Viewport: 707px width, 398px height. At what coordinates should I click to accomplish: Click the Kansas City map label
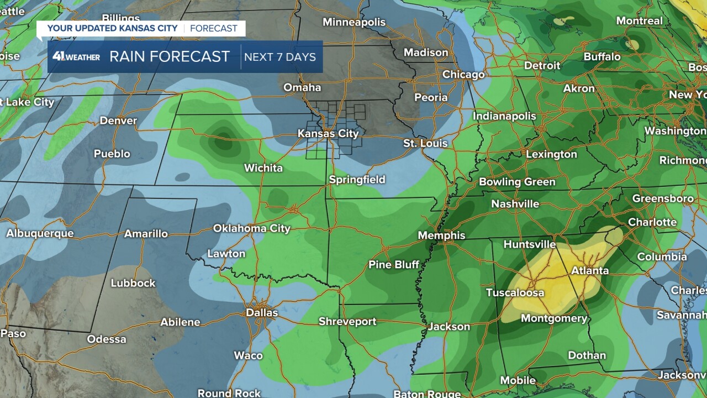pos(328,134)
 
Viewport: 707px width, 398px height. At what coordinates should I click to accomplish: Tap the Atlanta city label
pos(590,271)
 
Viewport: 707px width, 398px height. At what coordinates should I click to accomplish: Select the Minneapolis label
pos(353,22)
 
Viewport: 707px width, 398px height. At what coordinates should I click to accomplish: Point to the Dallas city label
pos(262,313)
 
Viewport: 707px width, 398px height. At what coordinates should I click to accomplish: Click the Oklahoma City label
pos(252,228)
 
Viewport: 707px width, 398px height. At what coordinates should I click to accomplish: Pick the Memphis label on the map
pos(441,235)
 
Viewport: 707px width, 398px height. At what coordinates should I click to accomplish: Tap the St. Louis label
pos(425,144)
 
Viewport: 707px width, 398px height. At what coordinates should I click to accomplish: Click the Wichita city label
pos(263,168)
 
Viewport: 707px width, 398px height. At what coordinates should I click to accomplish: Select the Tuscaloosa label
pos(515,293)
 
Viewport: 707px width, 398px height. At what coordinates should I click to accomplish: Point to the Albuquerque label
pos(40,233)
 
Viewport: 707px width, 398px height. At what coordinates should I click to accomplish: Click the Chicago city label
pos(463,75)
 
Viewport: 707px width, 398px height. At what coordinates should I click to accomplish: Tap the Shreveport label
pos(347,322)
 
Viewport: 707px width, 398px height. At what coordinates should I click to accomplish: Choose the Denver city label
pos(118,121)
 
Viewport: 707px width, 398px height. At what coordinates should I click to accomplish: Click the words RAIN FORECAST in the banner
pos(170,57)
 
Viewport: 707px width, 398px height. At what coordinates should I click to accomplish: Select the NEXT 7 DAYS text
pos(280,57)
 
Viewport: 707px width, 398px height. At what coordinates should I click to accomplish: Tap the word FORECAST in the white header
pos(214,28)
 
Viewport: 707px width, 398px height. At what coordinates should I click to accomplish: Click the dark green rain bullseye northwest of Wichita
pos(224,144)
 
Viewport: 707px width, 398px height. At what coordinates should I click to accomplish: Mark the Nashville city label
pos(515,204)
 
